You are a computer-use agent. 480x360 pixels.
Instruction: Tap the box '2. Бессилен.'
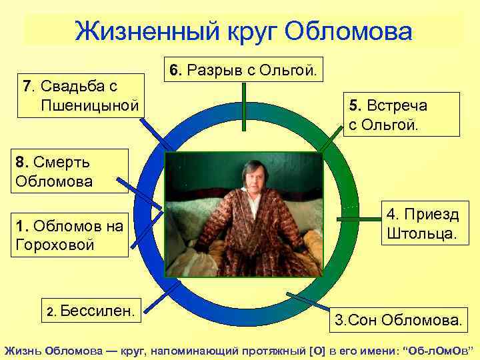coord(94,309)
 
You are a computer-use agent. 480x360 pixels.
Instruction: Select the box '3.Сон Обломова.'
coord(397,321)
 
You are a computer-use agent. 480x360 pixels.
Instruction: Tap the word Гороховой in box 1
coord(54,245)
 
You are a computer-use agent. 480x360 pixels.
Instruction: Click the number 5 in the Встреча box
coord(354,105)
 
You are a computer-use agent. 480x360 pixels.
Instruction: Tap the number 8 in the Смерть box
coord(19,161)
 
